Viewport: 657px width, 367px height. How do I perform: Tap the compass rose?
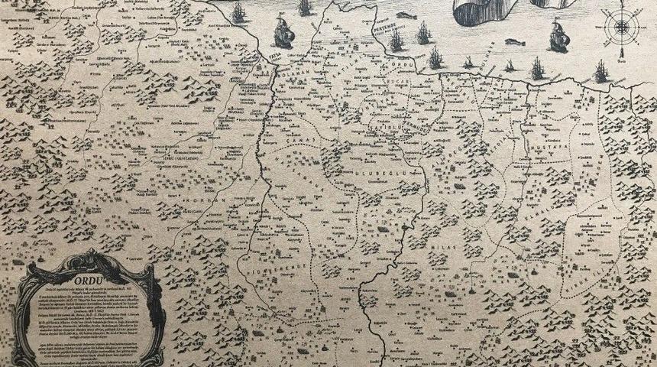(x=620, y=26)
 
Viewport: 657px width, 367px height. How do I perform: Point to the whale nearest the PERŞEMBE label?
(x=404, y=14)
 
